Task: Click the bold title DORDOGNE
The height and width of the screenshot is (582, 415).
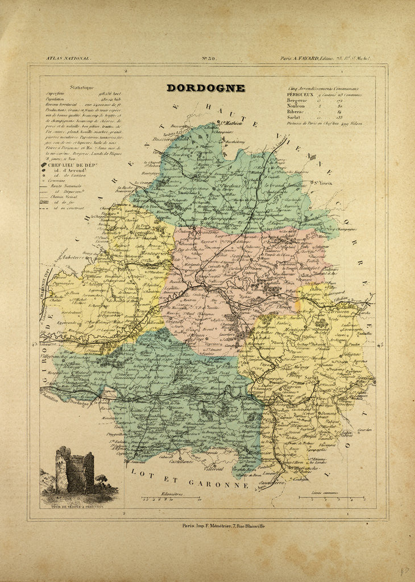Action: click(x=205, y=88)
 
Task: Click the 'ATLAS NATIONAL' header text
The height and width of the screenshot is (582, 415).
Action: click(x=68, y=58)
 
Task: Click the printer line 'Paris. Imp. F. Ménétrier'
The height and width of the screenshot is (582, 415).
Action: click(x=223, y=526)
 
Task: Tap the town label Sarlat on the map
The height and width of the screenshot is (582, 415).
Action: click(x=310, y=377)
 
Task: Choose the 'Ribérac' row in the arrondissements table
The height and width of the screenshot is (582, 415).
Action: click(x=298, y=111)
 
